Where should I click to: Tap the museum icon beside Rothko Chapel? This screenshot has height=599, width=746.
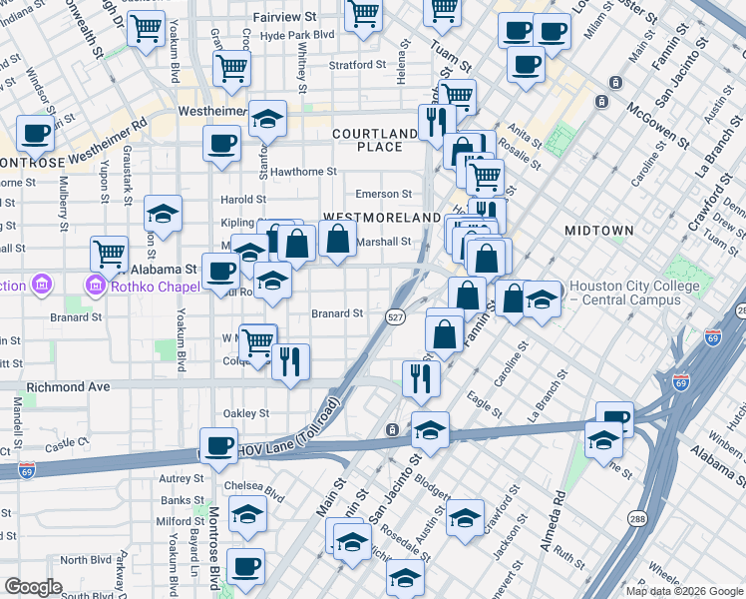click(97, 287)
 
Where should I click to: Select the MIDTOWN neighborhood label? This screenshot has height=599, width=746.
click(598, 230)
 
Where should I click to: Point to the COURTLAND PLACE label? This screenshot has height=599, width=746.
click(375, 140)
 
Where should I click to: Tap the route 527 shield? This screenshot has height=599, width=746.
click(395, 315)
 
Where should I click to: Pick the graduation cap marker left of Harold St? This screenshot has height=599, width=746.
click(163, 214)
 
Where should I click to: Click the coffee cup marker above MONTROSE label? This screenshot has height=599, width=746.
click(36, 133)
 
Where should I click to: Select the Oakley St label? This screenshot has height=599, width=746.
click(245, 413)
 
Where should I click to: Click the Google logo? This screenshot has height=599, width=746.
click(33, 587)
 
